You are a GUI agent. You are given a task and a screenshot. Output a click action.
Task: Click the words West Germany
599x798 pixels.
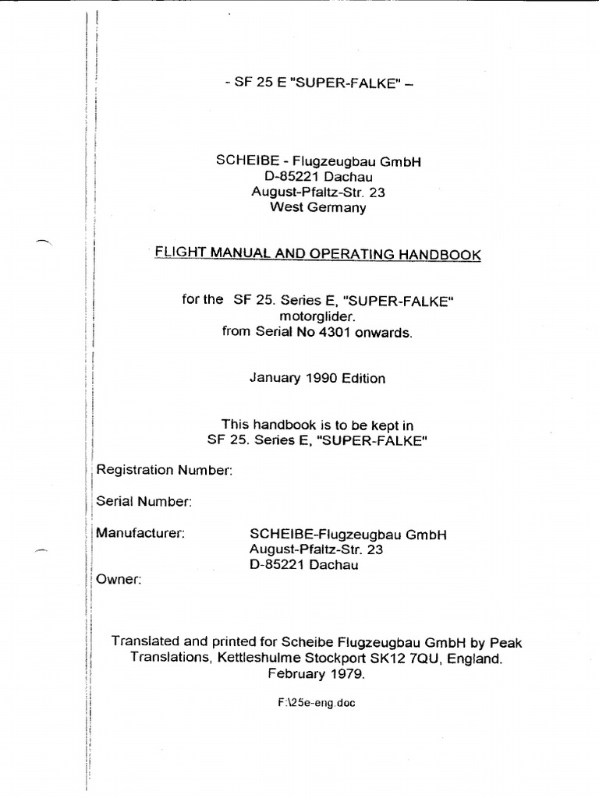click(x=317, y=207)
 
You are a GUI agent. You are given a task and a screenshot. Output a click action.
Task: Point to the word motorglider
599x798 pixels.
click(x=317, y=316)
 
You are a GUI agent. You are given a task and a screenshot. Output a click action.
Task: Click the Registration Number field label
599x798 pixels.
click(x=164, y=470)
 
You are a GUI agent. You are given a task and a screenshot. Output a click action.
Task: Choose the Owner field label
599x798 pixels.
click(x=119, y=580)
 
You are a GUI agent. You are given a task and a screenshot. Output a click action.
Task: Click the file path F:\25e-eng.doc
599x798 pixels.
click(x=316, y=702)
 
